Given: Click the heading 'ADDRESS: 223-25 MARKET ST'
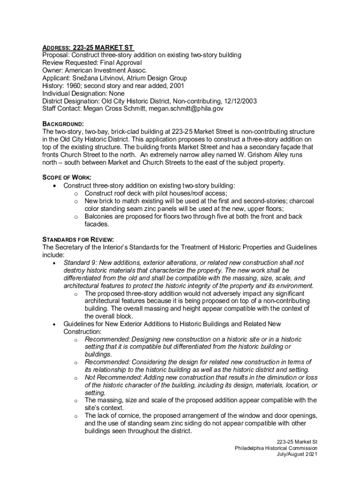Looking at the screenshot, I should click(x=88, y=48).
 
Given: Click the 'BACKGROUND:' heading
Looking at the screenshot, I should click(x=63, y=124).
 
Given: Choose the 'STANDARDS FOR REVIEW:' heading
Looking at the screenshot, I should click(x=78, y=239).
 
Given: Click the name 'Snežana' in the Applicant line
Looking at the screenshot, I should click(x=85, y=78).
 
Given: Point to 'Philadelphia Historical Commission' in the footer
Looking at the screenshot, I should click(x=276, y=448).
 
